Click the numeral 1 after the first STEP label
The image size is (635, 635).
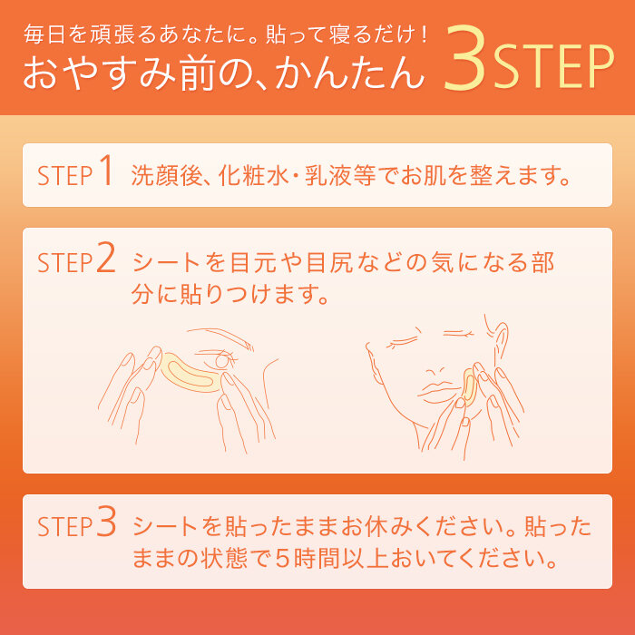coord(107,172)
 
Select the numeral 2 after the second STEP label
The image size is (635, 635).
coord(106,261)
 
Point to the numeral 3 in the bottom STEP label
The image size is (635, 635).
coord(106,523)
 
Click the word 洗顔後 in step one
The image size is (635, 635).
coord(161,175)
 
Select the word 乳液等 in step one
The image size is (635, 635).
coord(346,175)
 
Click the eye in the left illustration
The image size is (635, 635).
coord(223,360)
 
